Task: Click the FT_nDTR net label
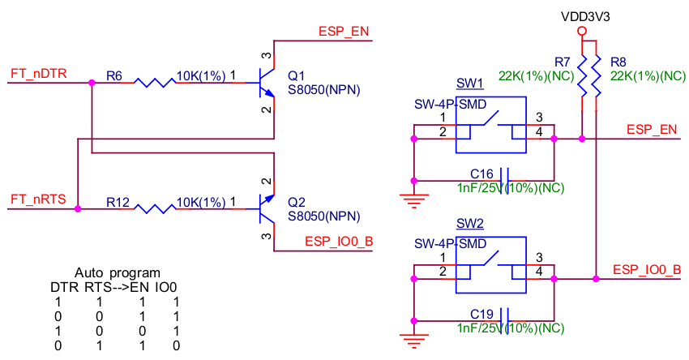(38, 74)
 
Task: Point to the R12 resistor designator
(118, 201)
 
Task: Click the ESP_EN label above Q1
(344, 32)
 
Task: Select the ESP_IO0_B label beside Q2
(338, 241)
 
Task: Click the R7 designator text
(563, 62)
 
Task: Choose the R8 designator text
(618, 62)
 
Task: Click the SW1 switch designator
(469, 84)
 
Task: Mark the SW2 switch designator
(469, 223)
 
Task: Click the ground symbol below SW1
(414, 197)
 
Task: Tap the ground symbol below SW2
(414, 337)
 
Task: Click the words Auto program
(118, 273)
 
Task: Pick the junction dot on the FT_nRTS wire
(78, 208)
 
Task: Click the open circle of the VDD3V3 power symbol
(581, 32)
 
